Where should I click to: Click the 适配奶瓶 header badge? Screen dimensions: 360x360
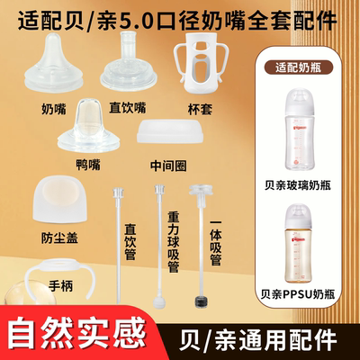coord(301,64)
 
